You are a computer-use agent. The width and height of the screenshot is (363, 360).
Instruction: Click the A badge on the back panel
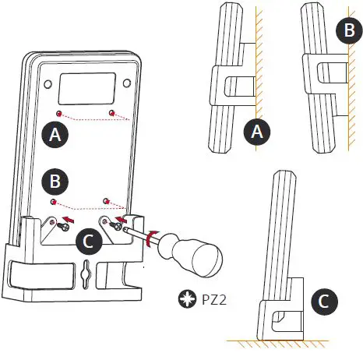coord(54,134)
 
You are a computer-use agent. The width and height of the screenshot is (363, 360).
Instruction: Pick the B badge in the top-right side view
coord(346,31)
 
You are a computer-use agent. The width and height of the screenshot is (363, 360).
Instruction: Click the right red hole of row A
coord(114,114)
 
